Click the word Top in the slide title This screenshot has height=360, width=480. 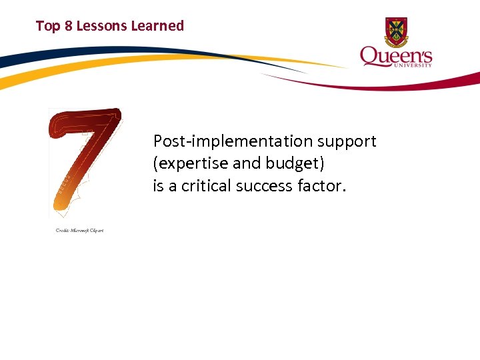click(x=47, y=26)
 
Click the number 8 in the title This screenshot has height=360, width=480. click(x=67, y=26)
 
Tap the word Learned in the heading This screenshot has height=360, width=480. click(x=157, y=26)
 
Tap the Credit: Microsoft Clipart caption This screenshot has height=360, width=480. click(x=79, y=231)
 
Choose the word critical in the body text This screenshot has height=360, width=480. click(x=207, y=186)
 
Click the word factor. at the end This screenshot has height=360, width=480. click(x=322, y=186)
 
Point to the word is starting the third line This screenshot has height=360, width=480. click(x=158, y=186)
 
